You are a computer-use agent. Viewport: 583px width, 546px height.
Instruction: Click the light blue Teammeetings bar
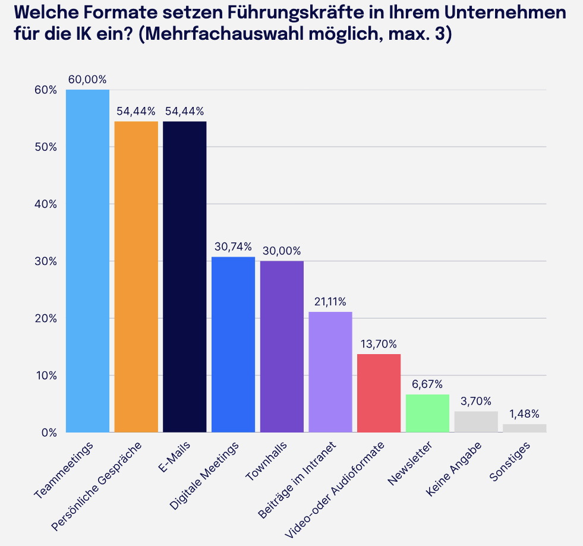click(x=87, y=261)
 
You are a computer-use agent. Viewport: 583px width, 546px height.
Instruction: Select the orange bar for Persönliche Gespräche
click(x=136, y=277)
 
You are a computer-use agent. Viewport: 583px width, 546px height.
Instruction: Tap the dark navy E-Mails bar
click(x=184, y=277)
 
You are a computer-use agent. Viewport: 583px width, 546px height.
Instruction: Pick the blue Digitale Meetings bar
click(x=233, y=345)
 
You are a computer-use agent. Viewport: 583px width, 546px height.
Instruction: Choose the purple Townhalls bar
click(x=282, y=346)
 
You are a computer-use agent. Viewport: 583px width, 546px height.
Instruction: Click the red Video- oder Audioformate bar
click(x=379, y=393)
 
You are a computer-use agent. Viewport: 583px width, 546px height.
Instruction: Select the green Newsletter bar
click(x=427, y=413)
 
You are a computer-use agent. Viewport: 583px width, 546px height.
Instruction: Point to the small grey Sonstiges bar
click(x=524, y=428)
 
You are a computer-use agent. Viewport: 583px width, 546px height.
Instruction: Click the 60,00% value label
click(x=87, y=79)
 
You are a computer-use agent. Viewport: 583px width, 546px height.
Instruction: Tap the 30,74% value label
click(x=233, y=247)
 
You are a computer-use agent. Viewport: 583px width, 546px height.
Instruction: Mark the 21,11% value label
click(x=330, y=301)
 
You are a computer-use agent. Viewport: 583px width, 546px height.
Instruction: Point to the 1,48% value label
click(x=524, y=414)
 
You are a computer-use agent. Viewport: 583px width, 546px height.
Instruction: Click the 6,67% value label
click(x=427, y=384)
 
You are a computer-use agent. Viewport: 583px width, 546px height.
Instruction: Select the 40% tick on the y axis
click(x=45, y=204)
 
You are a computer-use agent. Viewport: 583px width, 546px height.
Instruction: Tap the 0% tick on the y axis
click(x=48, y=433)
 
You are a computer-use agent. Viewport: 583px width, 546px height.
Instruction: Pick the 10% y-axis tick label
click(x=45, y=375)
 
